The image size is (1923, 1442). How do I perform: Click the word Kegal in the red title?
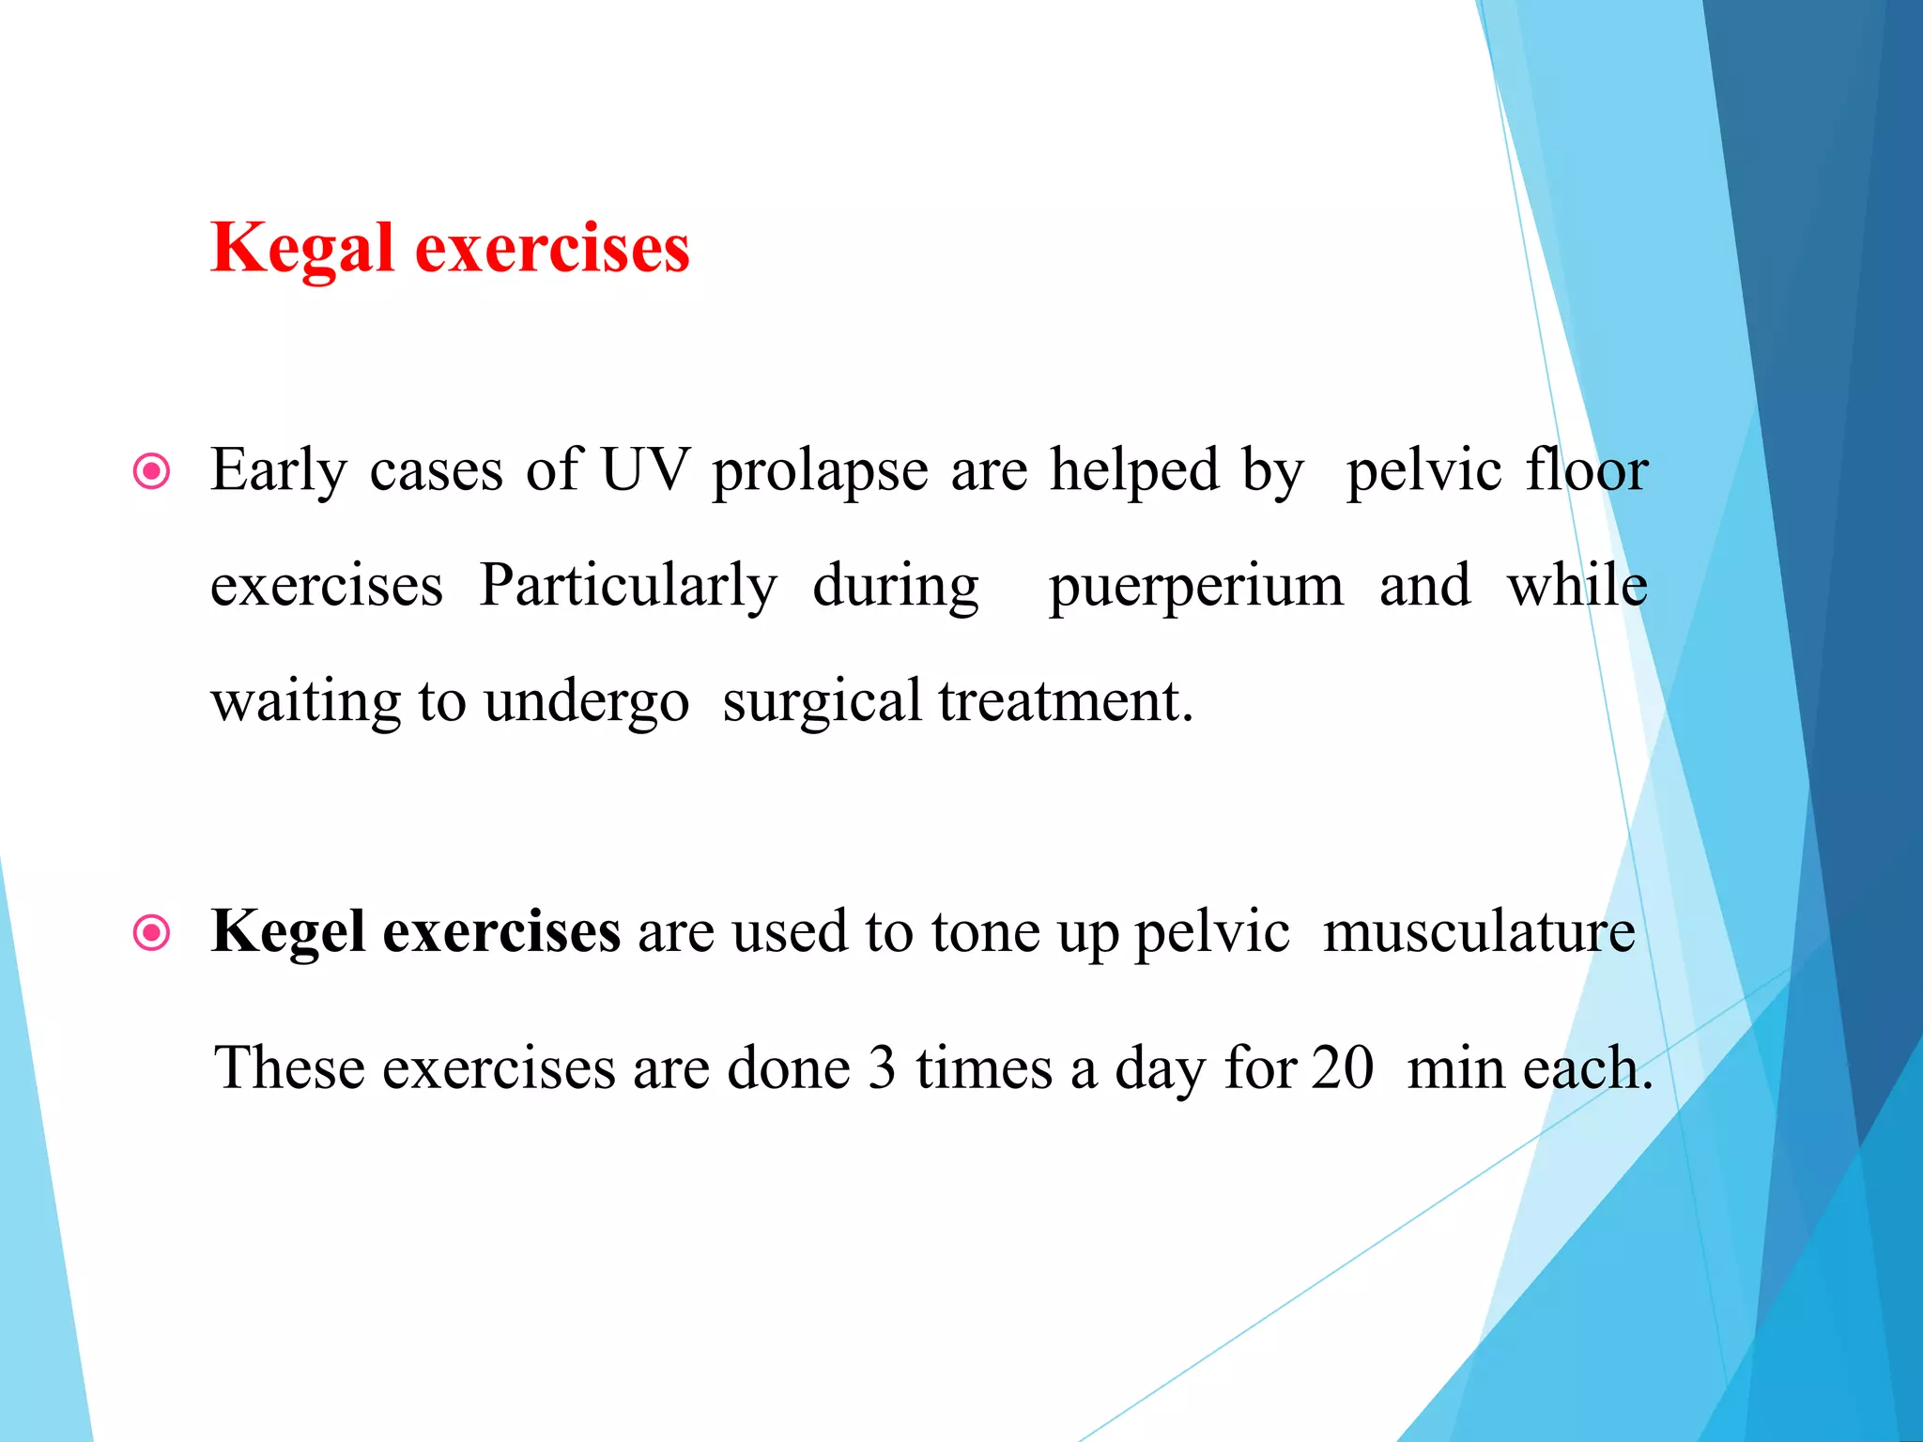pyautogui.click(x=301, y=249)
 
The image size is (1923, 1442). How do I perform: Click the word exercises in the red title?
pyautogui.click(x=552, y=249)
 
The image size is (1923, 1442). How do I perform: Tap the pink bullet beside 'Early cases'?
pyautogui.click(x=152, y=471)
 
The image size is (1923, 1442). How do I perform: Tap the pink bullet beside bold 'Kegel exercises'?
pyautogui.click(x=152, y=933)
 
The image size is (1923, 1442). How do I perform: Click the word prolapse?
pyautogui.click(x=820, y=471)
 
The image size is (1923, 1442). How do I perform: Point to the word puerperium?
pyautogui.click(x=1195, y=588)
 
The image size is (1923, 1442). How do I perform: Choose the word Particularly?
pyautogui.click(x=627, y=588)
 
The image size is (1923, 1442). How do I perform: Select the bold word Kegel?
pyautogui.click(x=287, y=933)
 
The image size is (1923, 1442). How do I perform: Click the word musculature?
pyautogui.click(x=1479, y=931)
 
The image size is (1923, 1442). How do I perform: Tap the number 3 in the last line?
pyautogui.click(x=882, y=1068)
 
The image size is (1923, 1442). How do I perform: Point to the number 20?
pyautogui.click(x=1343, y=1068)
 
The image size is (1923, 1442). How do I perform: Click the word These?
pyautogui.click(x=289, y=1068)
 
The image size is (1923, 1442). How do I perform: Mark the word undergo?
pyautogui.click(x=587, y=702)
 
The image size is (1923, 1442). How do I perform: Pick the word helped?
pyautogui.click(x=1135, y=471)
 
